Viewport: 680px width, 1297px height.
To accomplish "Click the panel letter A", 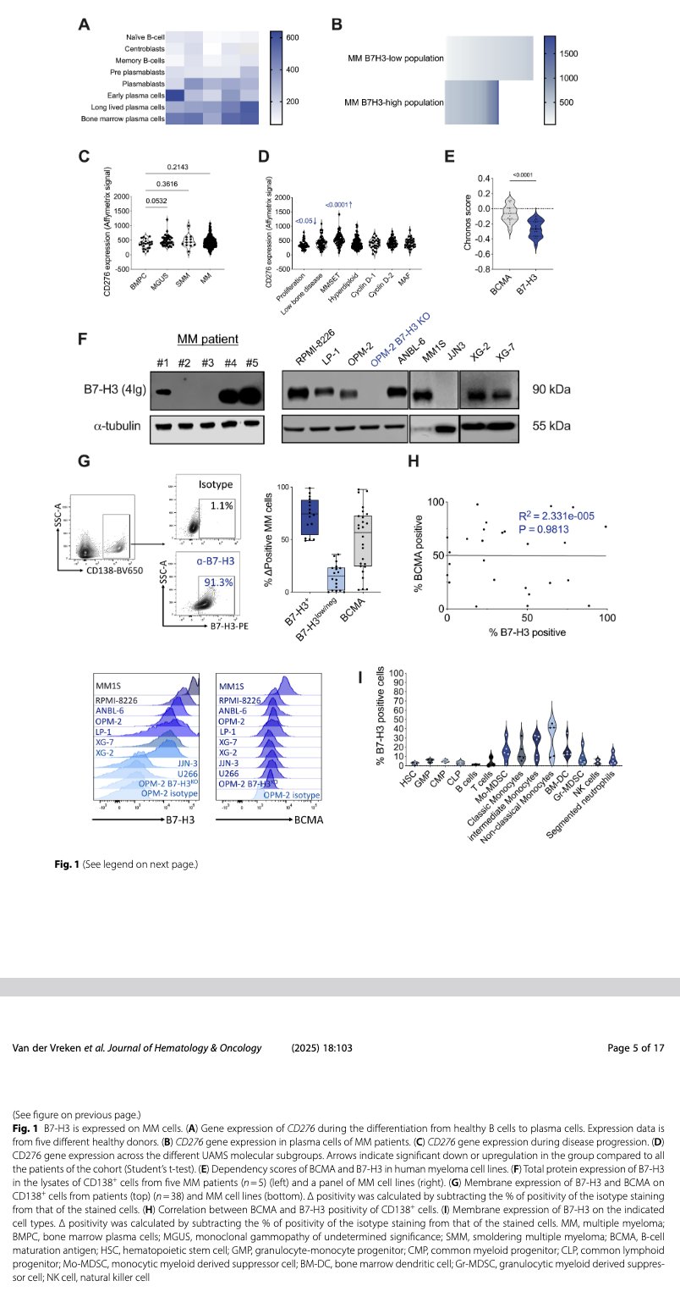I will tap(84, 25).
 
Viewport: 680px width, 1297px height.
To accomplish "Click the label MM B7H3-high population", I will tap(395, 102).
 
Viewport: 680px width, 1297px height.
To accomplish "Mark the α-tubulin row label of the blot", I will tap(115, 427).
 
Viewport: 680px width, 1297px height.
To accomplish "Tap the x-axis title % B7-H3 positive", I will tap(525, 631).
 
